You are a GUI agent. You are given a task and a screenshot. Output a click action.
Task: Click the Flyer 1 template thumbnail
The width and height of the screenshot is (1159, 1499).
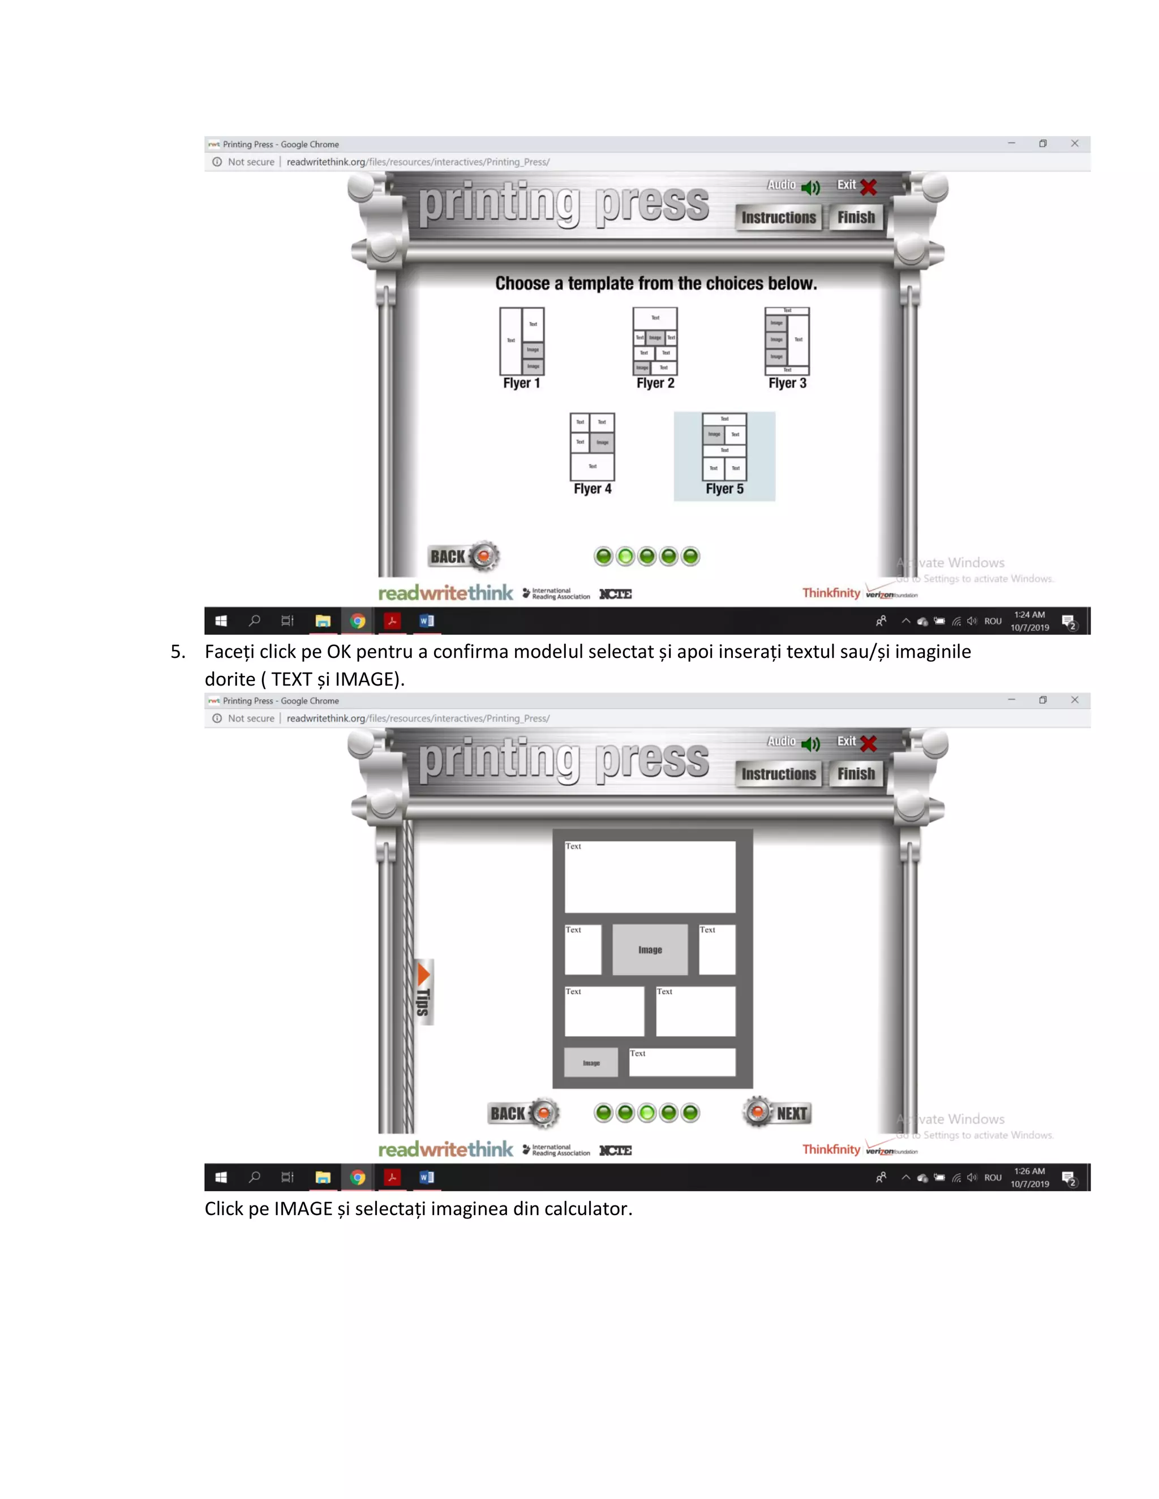click(x=522, y=341)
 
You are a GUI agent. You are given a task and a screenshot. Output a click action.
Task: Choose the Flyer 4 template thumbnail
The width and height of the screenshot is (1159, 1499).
click(x=592, y=446)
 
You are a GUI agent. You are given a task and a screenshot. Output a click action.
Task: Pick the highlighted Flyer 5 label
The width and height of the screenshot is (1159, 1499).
click(x=724, y=489)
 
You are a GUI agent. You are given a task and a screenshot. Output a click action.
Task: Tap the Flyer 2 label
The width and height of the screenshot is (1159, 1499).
click(x=655, y=383)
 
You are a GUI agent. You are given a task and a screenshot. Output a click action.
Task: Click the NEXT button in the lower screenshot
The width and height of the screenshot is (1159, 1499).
click(x=778, y=1113)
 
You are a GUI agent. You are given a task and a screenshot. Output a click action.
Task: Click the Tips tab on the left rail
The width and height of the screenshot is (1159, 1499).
click(x=424, y=992)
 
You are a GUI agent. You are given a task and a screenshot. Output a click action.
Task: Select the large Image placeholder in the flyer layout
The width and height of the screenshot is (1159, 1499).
click(x=650, y=950)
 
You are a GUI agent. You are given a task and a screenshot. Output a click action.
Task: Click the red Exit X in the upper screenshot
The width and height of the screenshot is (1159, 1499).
click(x=869, y=187)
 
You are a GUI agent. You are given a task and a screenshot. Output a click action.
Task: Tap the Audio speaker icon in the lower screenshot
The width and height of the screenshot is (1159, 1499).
click(x=811, y=744)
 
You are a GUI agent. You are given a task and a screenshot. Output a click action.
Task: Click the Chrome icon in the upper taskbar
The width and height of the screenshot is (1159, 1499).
click(x=357, y=621)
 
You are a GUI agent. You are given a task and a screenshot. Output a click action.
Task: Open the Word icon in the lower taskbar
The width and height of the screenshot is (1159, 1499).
click(x=426, y=1177)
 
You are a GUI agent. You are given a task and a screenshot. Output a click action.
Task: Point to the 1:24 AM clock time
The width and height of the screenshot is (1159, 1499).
click(x=1029, y=615)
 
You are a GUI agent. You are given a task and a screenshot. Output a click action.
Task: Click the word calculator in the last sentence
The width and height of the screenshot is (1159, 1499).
click(x=587, y=1209)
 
